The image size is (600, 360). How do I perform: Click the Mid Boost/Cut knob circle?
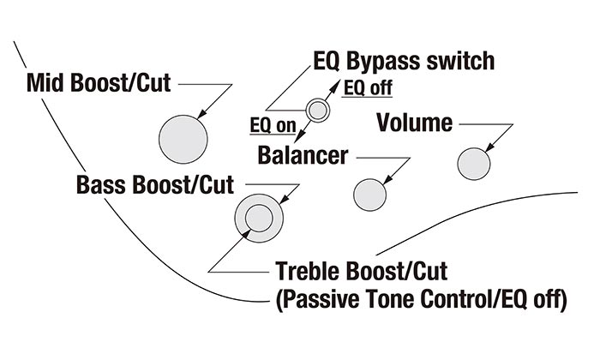click(x=183, y=136)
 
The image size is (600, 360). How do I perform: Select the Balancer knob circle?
click(x=369, y=193)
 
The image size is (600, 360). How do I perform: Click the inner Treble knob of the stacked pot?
click(x=258, y=219)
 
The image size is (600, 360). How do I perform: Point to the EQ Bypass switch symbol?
click(x=317, y=109)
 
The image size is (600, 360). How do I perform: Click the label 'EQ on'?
click(x=272, y=125)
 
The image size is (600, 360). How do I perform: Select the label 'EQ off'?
click(x=368, y=88)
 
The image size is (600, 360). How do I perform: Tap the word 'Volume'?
click(x=414, y=123)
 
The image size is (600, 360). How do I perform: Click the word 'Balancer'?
click(x=303, y=156)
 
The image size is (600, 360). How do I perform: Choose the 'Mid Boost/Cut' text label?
click(x=99, y=84)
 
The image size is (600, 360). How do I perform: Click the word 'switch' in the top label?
click(x=465, y=61)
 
